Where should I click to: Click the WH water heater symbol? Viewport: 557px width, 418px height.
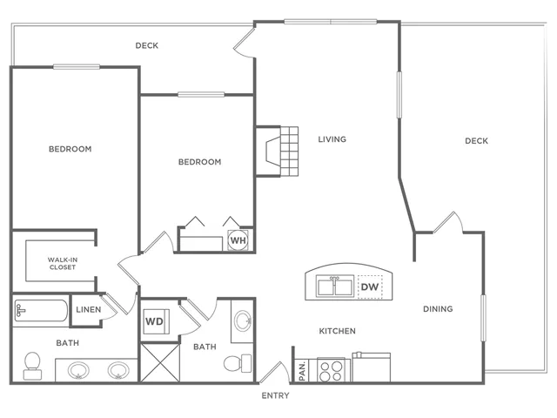click(238, 240)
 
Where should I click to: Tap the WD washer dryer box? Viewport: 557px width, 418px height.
click(156, 321)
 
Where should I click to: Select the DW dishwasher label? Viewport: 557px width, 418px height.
click(370, 287)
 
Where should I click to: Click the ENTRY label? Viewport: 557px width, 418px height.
click(275, 395)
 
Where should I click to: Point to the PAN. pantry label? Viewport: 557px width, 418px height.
click(302, 371)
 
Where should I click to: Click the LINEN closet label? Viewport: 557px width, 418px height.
click(89, 310)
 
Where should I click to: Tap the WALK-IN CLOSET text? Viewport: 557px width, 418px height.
click(63, 263)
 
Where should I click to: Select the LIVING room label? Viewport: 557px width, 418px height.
click(332, 139)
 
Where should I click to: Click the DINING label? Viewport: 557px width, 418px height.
click(438, 309)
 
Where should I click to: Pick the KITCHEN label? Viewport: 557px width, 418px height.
click(337, 331)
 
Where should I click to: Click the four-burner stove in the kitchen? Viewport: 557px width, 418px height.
click(331, 370)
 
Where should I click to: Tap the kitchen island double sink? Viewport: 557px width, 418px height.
click(335, 286)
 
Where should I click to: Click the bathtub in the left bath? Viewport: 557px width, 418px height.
click(41, 312)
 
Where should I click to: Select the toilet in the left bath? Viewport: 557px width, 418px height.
click(32, 366)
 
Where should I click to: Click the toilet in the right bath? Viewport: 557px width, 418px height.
click(238, 363)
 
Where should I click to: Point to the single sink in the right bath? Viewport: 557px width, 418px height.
click(244, 320)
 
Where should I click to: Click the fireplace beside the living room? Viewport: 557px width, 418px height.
click(277, 152)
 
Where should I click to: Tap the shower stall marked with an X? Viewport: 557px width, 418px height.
click(160, 362)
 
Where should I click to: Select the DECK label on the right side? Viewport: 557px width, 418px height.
click(476, 141)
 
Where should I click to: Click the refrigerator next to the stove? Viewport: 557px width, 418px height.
click(372, 367)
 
